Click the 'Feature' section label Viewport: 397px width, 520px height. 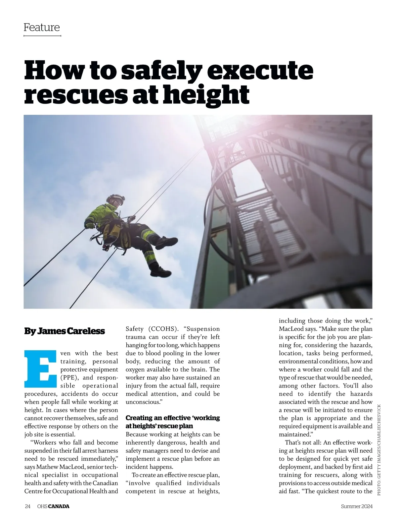tap(42, 27)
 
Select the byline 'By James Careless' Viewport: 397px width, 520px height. tap(65, 331)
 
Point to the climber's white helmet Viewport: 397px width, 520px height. tap(116, 199)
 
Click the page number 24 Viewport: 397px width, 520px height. tap(28, 506)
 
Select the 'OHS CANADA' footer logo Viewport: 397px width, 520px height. tap(53, 506)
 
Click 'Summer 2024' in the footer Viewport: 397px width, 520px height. tap(357, 506)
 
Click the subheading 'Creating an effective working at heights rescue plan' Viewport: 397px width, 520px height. tap(172, 422)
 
